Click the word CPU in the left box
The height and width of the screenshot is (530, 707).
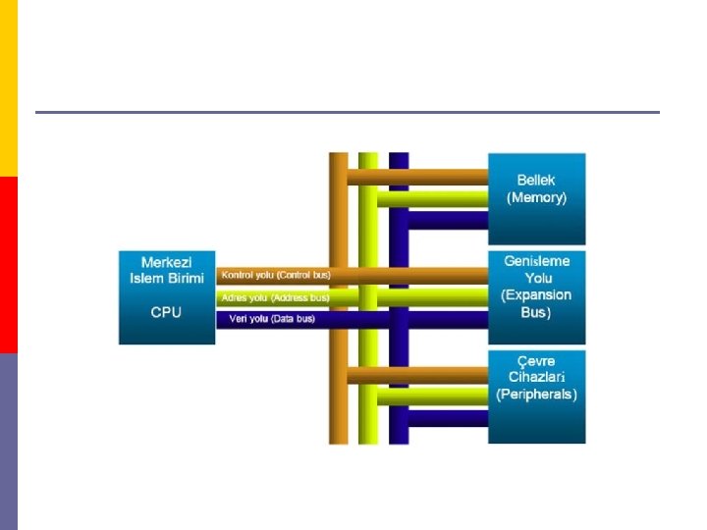click(166, 312)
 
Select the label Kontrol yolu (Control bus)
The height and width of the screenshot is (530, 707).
click(274, 275)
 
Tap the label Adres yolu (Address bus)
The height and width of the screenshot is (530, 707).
click(274, 297)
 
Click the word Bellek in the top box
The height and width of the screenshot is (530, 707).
click(536, 181)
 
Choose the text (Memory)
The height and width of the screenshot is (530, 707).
click(536, 197)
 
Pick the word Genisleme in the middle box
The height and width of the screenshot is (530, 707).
click(536, 262)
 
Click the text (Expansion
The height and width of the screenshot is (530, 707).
click(536, 295)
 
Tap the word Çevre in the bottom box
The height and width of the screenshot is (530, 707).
click(536, 360)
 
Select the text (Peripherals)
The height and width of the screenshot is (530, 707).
click(536, 395)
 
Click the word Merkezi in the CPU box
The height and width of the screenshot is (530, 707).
click(166, 262)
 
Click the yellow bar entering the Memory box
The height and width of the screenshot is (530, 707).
click(442, 198)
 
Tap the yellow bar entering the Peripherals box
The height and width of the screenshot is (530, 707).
click(442, 397)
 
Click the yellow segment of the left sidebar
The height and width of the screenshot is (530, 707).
click(8, 88)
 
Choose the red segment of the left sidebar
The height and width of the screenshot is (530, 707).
click(8, 265)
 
